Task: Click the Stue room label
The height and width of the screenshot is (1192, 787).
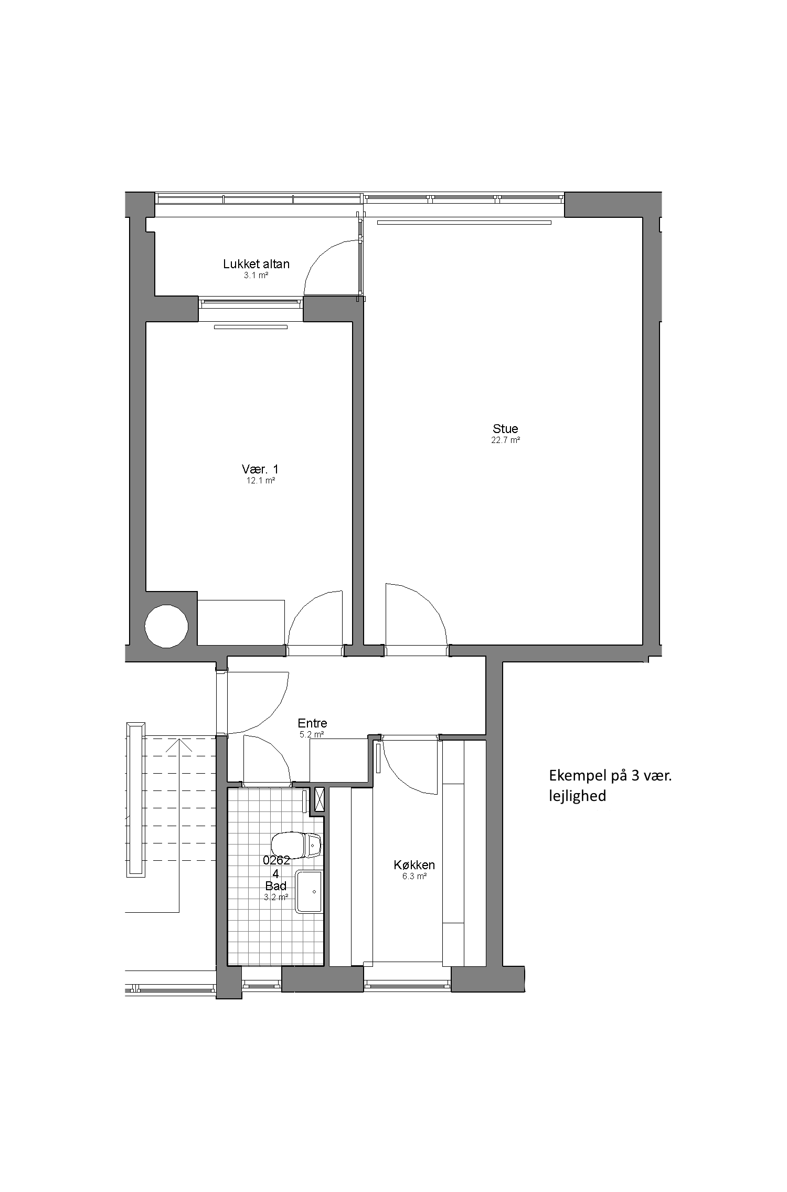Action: (x=505, y=429)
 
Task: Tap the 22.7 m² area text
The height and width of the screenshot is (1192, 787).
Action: (x=505, y=440)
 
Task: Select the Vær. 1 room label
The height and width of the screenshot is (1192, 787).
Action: (x=260, y=469)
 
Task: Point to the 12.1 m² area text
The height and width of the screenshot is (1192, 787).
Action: (x=261, y=480)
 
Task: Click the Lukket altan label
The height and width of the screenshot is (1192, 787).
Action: (x=256, y=264)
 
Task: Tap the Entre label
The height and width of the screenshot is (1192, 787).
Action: (x=312, y=723)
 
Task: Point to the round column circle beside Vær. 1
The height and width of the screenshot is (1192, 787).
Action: (x=166, y=626)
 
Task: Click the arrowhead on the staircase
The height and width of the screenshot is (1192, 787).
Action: (x=179, y=745)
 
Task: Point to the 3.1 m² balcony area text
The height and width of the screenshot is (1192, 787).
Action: (x=256, y=275)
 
